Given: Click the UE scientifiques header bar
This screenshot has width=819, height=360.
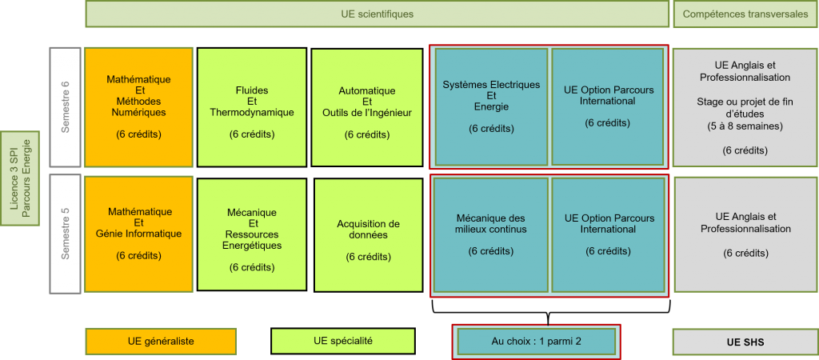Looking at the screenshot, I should (x=377, y=14).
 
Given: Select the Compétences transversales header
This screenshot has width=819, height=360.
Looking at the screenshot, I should (x=745, y=14).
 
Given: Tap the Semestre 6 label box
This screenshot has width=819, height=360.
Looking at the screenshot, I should (x=65, y=106).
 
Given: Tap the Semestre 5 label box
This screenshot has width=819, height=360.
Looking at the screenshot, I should (x=65, y=234).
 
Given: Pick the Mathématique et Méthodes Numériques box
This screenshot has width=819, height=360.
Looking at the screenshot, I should (x=139, y=106).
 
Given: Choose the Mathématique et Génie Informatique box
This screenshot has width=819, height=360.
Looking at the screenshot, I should (x=139, y=234).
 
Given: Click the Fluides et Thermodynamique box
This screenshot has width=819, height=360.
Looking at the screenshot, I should (x=252, y=106).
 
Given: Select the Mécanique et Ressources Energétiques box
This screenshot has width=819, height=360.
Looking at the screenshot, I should (x=252, y=234).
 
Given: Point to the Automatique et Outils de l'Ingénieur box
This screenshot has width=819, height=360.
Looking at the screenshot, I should (x=367, y=106).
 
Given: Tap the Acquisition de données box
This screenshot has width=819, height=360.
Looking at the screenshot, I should (x=368, y=234).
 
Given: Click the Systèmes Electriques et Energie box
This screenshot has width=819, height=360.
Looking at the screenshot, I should (x=491, y=106).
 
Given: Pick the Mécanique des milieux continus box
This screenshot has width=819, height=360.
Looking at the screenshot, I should (x=491, y=234).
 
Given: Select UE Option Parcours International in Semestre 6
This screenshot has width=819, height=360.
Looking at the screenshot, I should (x=608, y=106).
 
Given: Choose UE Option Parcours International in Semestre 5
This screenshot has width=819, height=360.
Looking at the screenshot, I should (x=608, y=234).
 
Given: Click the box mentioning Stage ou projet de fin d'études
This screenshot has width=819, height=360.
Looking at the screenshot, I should (x=745, y=106).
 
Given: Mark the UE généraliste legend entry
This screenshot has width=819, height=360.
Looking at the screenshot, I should (x=161, y=342).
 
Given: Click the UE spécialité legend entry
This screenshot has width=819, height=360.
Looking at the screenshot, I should (x=343, y=342).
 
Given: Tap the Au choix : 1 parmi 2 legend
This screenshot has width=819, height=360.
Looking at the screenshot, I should (x=536, y=342).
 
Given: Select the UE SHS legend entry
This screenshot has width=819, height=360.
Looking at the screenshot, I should (x=745, y=342).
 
